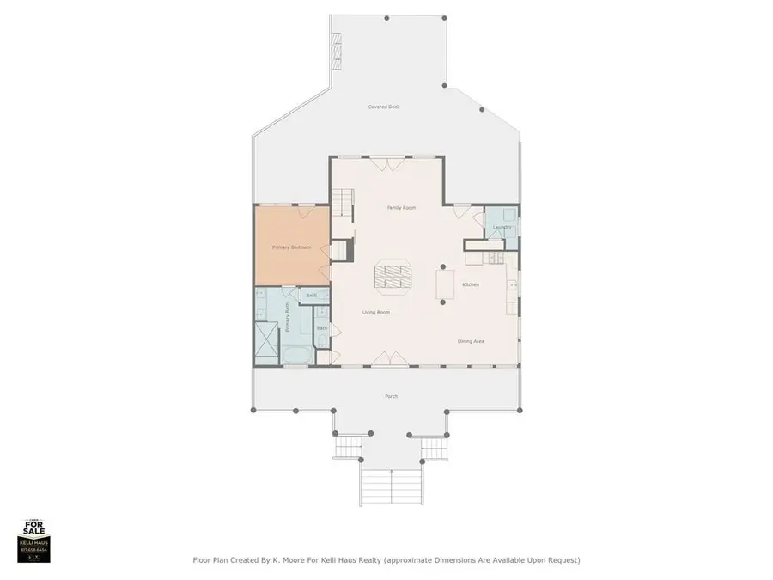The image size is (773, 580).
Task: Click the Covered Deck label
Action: [384, 107]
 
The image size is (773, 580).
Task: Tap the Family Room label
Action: [401, 208]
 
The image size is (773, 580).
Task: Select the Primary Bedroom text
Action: [291, 247]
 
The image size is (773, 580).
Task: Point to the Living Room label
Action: [375, 312]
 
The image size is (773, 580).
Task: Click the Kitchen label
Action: [471, 284]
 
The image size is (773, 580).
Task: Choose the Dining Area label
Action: [471, 341]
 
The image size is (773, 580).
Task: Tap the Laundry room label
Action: [502, 228]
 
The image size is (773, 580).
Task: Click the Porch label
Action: [392, 396]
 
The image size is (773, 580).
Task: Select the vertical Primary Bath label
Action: [289, 321]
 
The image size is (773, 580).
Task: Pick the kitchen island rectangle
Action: [446, 286]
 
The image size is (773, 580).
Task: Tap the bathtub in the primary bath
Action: [298, 354]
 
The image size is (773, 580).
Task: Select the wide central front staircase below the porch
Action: [392, 488]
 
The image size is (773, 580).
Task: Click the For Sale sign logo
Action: [34, 540]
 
